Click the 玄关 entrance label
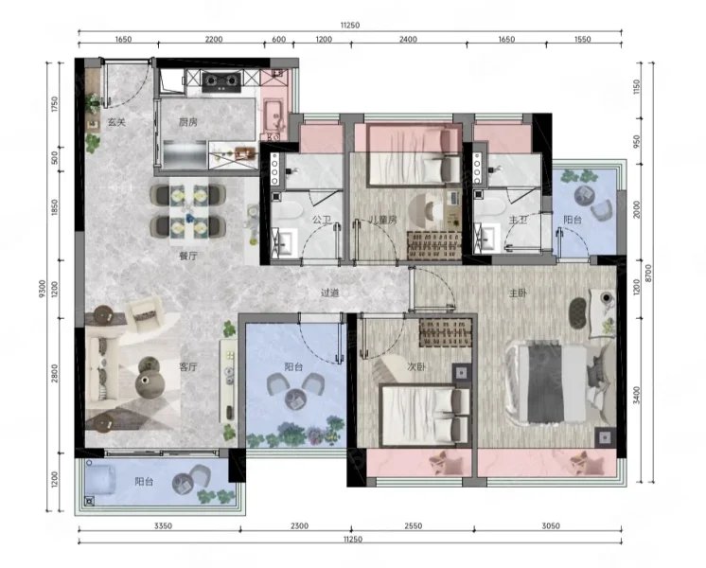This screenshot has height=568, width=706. click(x=116, y=122)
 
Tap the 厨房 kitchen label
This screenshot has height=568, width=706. click(x=187, y=122)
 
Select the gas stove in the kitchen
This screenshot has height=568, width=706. click(x=221, y=81)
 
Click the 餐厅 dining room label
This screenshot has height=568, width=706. click(x=188, y=256)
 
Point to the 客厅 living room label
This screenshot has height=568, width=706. click(x=188, y=366)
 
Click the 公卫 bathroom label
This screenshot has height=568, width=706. click(x=322, y=221)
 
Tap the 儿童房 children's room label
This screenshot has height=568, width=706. click(x=382, y=221)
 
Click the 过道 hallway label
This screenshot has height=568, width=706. click(x=329, y=293)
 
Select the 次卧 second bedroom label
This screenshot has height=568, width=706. click(x=416, y=366)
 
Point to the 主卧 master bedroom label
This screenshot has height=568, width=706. click(x=518, y=293)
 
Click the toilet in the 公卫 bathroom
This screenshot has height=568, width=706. click(x=287, y=210)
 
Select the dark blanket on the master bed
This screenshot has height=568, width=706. click(x=546, y=383)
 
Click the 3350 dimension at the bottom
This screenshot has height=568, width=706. click(x=163, y=525)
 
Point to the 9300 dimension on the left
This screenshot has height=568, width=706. click(x=43, y=289)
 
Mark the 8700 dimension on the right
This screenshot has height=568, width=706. click(x=648, y=274)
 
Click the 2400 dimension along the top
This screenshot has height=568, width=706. click(x=408, y=39)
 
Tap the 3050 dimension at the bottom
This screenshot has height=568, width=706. click(x=551, y=525)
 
